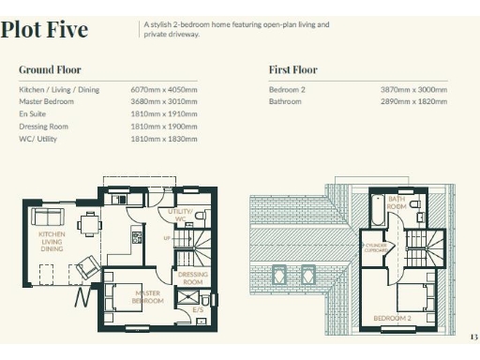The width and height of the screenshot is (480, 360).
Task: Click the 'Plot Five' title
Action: (x=45, y=30)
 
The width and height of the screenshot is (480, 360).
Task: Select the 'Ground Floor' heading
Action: (x=50, y=69)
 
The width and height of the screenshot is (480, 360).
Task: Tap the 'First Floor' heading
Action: (x=292, y=69)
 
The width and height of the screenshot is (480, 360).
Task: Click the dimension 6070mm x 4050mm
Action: (x=163, y=89)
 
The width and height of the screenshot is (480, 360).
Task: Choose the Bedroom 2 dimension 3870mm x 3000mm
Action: (x=413, y=89)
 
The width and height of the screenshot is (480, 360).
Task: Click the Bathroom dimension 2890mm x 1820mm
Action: (x=413, y=101)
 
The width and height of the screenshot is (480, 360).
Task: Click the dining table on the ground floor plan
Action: (x=89, y=223)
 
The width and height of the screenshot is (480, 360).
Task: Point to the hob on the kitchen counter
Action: (x=137, y=236)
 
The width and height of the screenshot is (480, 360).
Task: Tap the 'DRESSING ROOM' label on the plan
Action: (x=192, y=278)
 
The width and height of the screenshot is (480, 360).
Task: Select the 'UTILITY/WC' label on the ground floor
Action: (x=181, y=215)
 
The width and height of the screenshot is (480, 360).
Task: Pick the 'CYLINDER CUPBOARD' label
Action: (x=376, y=248)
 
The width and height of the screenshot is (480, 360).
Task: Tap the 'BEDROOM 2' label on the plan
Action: (x=393, y=319)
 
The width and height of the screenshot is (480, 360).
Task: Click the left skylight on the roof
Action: (x=278, y=276)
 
